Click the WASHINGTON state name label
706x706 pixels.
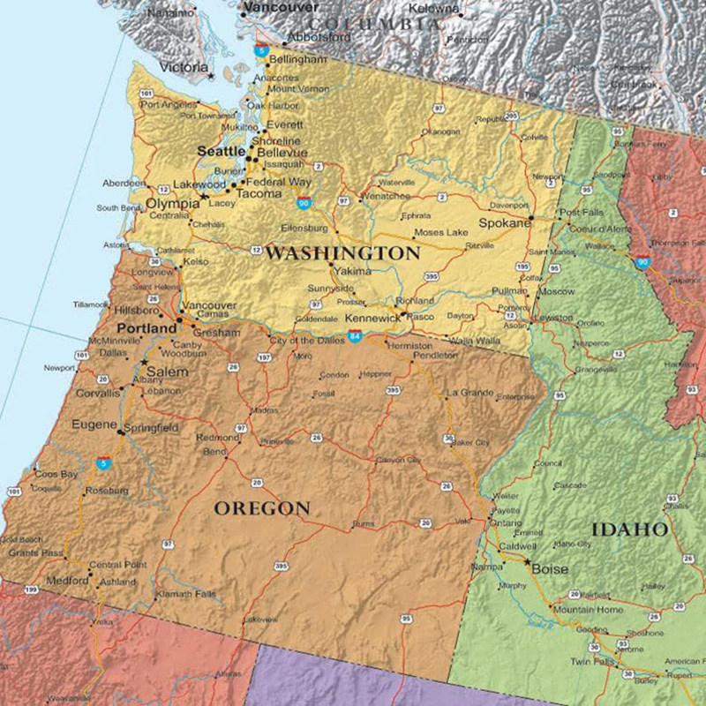[x=343, y=253]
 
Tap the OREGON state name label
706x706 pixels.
[x=262, y=508]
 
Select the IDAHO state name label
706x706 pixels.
[x=629, y=529]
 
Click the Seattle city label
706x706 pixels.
[x=221, y=152]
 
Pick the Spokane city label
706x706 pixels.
[x=504, y=223]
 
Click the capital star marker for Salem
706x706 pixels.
[x=144, y=363]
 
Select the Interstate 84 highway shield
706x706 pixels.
[x=355, y=336]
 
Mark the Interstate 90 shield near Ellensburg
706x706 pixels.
[x=304, y=203]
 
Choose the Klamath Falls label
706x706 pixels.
[x=186, y=594]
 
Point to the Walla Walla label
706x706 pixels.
[x=474, y=340]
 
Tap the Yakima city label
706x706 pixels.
[x=353, y=271]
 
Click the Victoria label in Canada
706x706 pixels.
[x=184, y=67]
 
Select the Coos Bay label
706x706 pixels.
[x=56, y=474]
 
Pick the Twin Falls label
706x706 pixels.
[x=591, y=662]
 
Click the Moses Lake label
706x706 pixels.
[x=440, y=232]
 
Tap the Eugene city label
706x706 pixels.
[x=94, y=424]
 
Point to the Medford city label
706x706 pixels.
[x=67, y=581]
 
